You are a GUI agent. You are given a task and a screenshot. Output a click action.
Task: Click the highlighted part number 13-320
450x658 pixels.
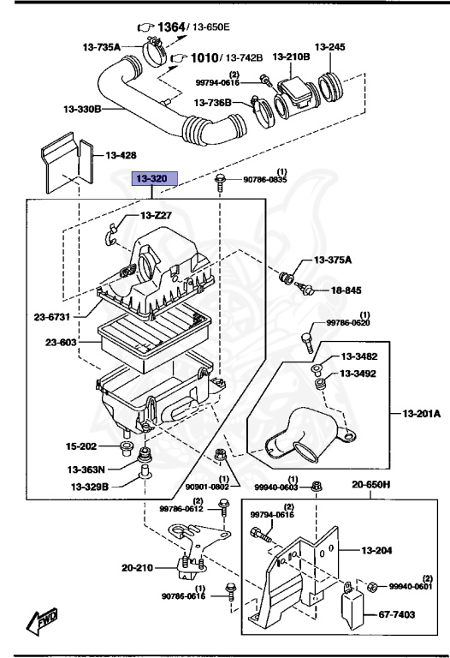153,179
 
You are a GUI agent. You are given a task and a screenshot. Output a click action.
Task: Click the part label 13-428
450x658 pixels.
121,156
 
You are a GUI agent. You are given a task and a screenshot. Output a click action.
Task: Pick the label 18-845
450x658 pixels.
346,291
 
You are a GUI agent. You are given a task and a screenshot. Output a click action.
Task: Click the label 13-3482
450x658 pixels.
360,356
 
